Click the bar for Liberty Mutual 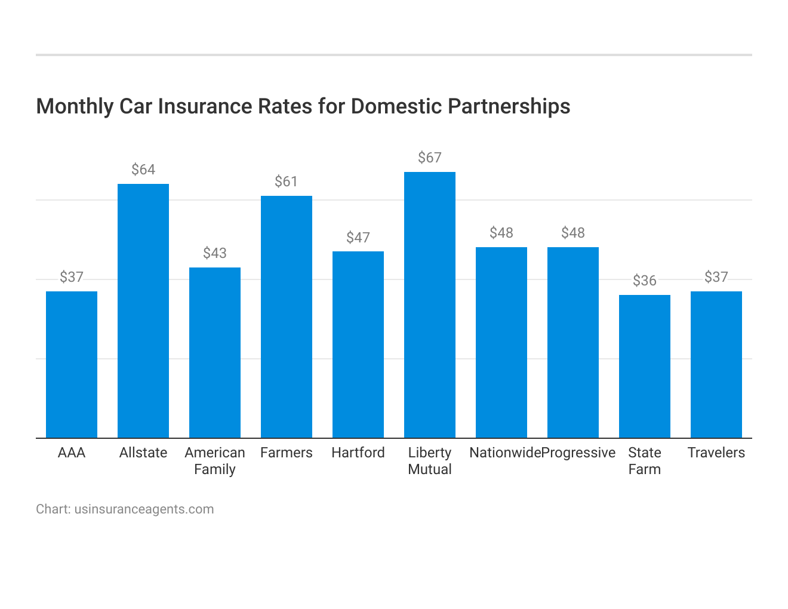coord(430,304)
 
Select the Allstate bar coord(143,310)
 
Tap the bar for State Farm coord(645,366)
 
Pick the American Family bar coord(215,352)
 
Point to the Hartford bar coord(358,345)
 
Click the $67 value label coord(430,158)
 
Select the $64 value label coord(143,170)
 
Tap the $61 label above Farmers coord(287,182)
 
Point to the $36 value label coord(645,281)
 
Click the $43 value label coord(215,253)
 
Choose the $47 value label coord(358,238)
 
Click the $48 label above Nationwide coord(501,233)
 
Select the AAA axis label coord(72,453)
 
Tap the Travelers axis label coord(716,453)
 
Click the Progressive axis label coord(578,453)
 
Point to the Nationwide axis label coord(505,453)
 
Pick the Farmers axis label coord(287,453)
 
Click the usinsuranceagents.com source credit coord(144,509)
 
